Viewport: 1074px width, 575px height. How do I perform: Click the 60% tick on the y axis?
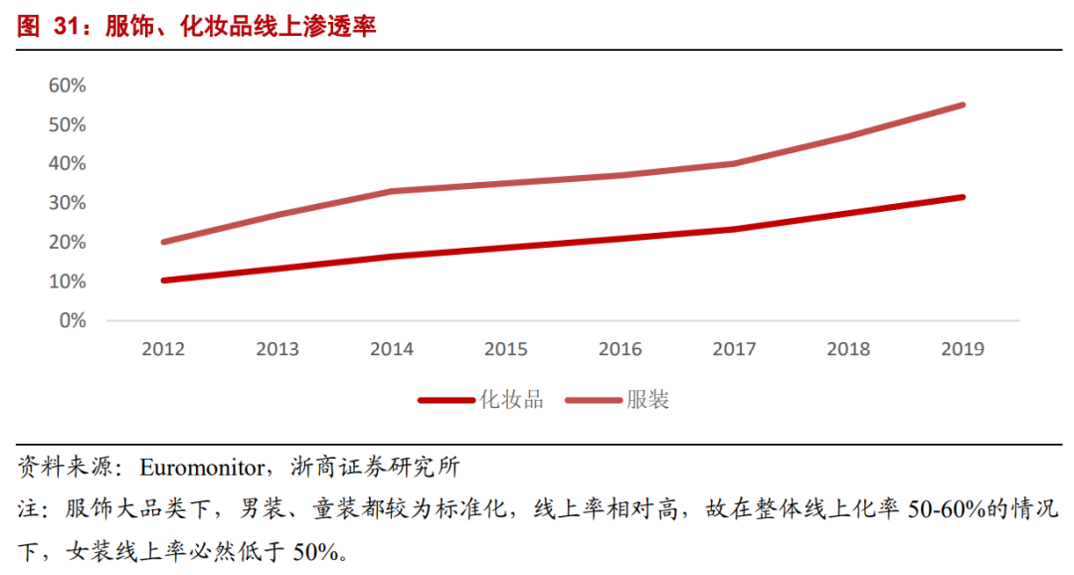point(68,86)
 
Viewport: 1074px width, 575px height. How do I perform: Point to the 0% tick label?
point(73,321)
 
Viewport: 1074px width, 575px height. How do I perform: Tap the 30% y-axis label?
point(68,203)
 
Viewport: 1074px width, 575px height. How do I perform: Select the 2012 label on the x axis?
point(163,349)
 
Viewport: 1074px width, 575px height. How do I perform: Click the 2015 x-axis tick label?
point(505,349)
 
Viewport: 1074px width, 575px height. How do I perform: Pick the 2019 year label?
point(962,349)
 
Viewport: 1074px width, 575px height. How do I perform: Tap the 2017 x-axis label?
point(734,349)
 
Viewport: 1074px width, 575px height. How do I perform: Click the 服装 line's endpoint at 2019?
point(962,104)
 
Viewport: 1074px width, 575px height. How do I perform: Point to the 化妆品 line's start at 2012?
point(163,281)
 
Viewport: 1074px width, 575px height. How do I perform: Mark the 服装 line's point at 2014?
point(391,191)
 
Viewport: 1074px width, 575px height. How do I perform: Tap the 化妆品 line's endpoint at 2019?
point(962,197)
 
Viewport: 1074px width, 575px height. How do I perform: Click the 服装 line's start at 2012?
point(163,242)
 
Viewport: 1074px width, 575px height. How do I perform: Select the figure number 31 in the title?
point(67,27)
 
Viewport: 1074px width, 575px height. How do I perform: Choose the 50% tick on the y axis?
point(68,124)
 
